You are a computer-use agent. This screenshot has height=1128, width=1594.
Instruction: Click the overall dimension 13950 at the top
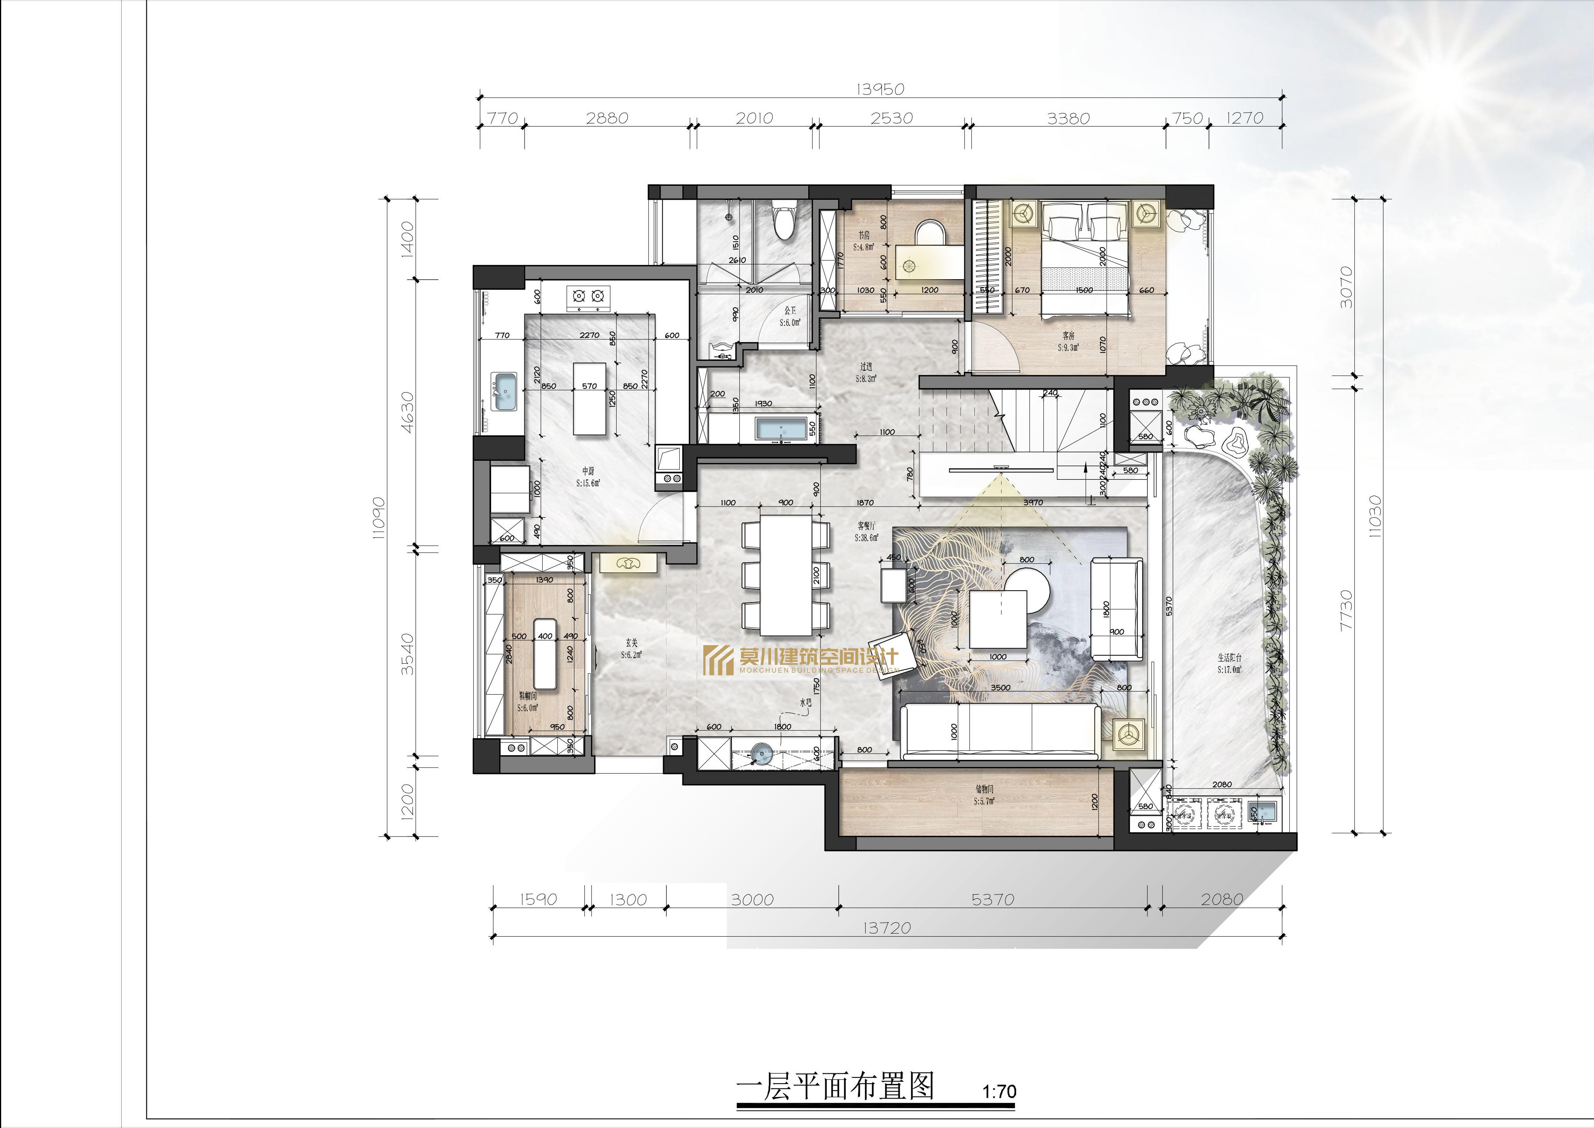(880, 89)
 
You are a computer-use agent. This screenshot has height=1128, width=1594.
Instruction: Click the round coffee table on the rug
(1028, 591)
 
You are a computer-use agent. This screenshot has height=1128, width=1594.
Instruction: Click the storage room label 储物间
(984, 789)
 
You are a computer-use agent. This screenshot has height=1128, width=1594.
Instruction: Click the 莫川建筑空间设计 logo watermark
(802, 659)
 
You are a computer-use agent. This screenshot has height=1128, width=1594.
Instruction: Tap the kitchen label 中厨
(587, 471)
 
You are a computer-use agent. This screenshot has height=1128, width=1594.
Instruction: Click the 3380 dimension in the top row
(1068, 118)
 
